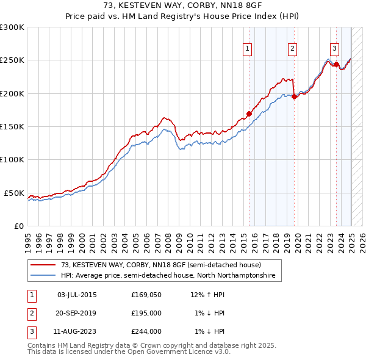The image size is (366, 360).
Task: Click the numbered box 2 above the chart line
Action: pos(293,49)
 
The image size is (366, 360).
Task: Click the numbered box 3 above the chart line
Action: pos(335,49)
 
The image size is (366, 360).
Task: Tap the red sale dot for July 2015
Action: pos(249,113)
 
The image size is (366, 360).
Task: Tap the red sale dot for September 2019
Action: pos(294,96)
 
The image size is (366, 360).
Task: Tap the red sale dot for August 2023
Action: pos(336,64)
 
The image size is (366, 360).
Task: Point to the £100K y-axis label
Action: pos(12,159)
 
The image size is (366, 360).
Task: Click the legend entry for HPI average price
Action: pos(168,276)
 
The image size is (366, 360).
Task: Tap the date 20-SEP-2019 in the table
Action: pos(76,314)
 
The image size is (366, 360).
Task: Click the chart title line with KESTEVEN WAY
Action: pos(183,7)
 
